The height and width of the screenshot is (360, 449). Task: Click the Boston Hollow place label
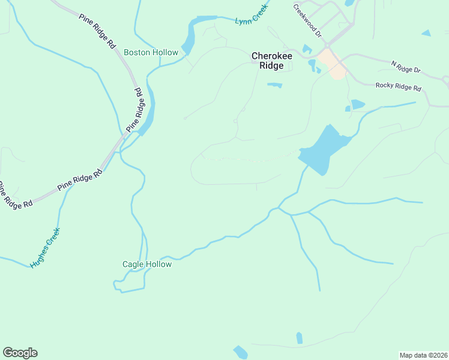(x=151, y=52)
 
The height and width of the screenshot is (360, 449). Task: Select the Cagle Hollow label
(x=147, y=264)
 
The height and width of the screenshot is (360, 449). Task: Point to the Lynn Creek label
(x=251, y=20)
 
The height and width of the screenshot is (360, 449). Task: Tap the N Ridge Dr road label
(x=406, y=67)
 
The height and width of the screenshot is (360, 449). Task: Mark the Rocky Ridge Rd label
(x=399, y=87)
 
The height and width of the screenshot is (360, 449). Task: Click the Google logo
(x=20, y=353)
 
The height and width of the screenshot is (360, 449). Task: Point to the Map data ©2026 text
(x=423, y=355)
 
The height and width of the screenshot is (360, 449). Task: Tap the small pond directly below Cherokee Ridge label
(x=275, y=85)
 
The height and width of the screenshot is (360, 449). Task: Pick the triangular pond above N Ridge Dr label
(x=426, y=33)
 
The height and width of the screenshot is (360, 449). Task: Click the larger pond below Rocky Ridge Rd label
(x=358, y=104)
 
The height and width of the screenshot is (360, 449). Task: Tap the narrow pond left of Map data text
(x=299, y=338)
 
